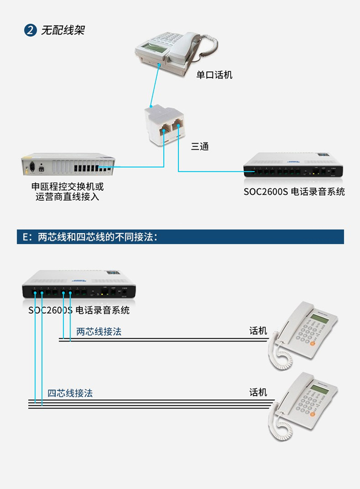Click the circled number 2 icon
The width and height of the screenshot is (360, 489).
point(30,31)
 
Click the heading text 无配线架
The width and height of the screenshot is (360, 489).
point(62,31)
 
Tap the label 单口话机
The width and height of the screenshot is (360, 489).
point(214,75)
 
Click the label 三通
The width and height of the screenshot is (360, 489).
point(200,147)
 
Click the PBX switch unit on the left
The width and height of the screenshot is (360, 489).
point(68,167)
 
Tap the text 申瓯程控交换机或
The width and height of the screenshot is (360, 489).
point(67,187)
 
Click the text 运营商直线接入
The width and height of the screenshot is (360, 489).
point(67,197)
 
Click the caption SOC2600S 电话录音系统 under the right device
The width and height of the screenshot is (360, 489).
point(294,192)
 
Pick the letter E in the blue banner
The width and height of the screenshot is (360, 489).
point(26,237)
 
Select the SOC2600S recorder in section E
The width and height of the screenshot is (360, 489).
point(79,285)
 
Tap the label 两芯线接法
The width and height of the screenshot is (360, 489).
point(99,331)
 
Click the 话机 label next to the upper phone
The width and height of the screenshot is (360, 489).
point(258,331)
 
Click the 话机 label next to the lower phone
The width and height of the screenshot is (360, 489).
point(258,392)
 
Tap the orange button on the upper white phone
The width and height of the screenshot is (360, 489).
point(313,343)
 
